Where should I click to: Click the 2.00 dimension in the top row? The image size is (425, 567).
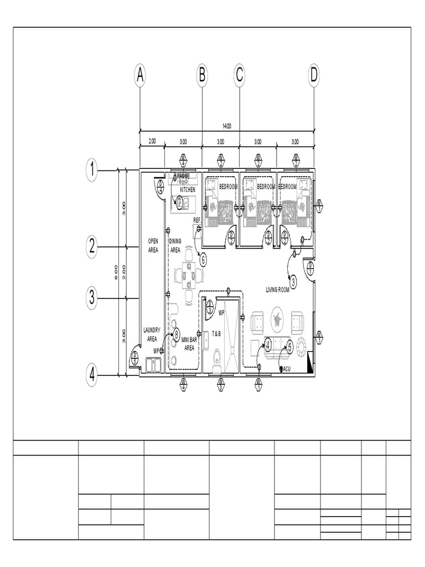pos(152,141)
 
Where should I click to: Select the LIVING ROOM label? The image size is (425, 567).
pos(278,290)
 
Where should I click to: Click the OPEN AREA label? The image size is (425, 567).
pos(153,245)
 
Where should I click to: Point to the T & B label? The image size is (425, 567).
pos(216,333)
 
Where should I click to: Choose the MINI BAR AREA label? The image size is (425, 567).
pos(189,345)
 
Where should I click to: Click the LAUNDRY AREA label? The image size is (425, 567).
pos(152,334)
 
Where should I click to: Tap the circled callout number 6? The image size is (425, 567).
pos(203,259)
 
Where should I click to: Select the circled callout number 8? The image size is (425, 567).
pos(177,334)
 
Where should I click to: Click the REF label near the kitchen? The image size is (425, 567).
pos(197,220)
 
